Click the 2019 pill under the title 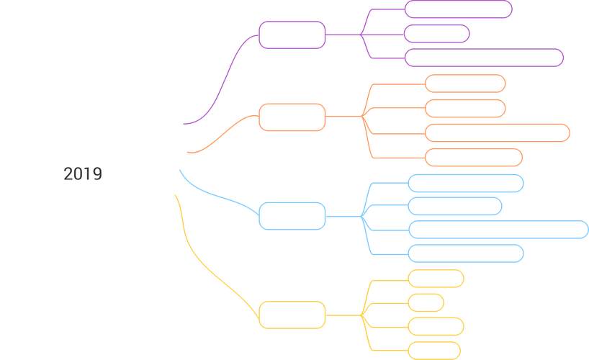click(x=84, y=174)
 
